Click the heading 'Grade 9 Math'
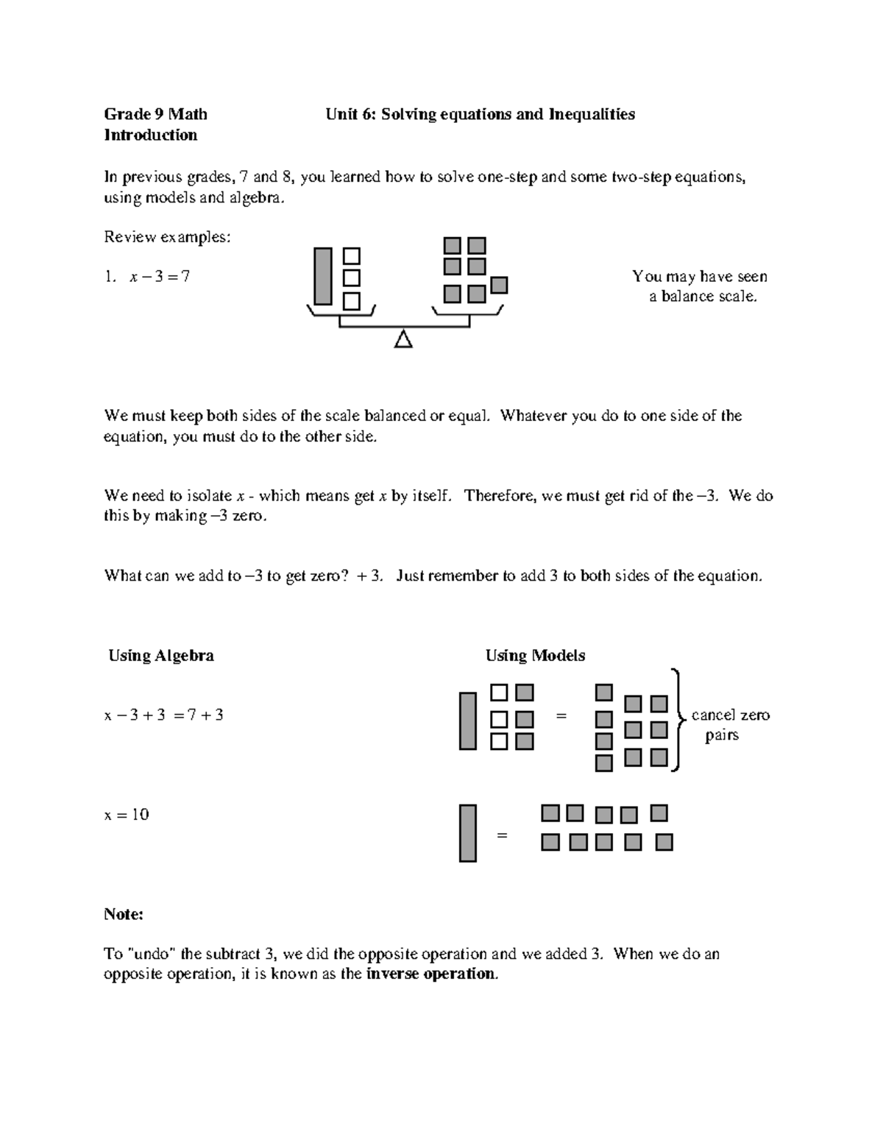point(155,114)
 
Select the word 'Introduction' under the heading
point(150,135)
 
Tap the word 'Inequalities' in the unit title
point(592,114)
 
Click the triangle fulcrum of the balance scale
point(403,339)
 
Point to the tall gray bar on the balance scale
point(322,276)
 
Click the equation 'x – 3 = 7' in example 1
point(160,277)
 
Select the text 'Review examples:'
point(167,237)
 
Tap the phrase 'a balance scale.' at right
point(703,297)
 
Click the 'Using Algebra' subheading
point(161,655)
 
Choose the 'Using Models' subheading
point(535,655)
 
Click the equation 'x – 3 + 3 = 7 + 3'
point(163,715)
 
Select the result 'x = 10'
point(127,815)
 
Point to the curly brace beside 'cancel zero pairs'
point(678,718)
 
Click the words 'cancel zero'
point(730,715)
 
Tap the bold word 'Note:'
point(123,914)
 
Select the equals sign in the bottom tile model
point(503,835)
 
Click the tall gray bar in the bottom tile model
point(467,833)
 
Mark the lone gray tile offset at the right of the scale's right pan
point(499,285)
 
